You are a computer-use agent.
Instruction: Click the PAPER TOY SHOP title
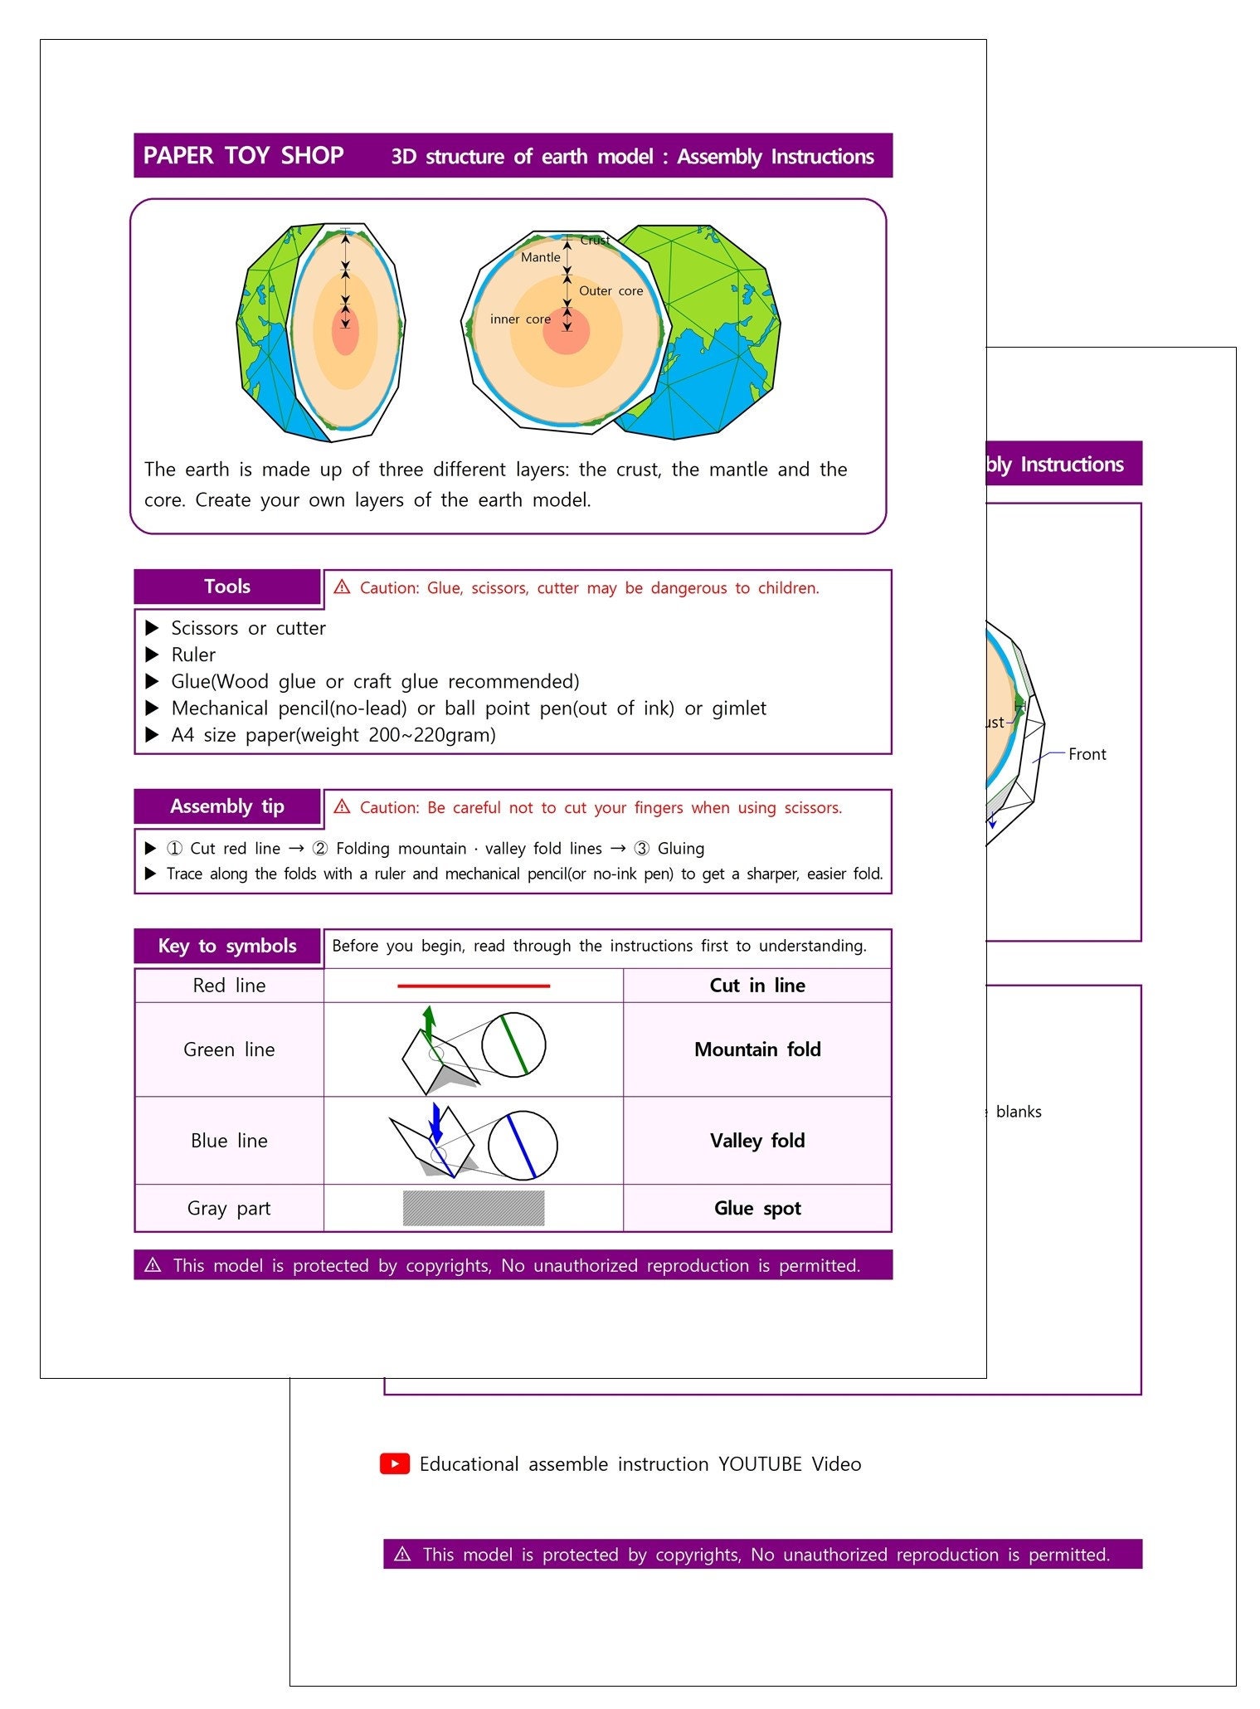point(243,156)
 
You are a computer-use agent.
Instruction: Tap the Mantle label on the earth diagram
point(541,257)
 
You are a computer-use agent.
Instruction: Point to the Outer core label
point(611,291)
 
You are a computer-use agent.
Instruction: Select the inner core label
point(520,319)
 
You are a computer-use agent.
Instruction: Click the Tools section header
point(227,587)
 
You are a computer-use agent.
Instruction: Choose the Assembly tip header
point(227,806)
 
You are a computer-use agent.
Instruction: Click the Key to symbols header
point(227,946)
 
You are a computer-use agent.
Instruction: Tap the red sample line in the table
point(474,986)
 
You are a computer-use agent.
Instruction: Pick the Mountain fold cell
point(757,1049)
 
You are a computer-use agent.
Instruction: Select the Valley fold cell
point(757,1141)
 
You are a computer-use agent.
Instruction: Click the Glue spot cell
point(757,1208)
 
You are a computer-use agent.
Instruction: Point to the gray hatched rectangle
point(474,1208)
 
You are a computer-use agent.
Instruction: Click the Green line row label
point(229,1049)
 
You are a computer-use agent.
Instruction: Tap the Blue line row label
point(229,1141)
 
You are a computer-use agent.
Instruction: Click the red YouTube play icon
point(395,1463)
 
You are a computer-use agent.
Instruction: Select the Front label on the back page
point(1087,754)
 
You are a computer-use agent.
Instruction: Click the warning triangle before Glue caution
point(342,587)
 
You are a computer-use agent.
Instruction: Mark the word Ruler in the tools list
point(193,655)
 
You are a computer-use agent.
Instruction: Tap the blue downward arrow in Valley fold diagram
point(436,1122)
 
